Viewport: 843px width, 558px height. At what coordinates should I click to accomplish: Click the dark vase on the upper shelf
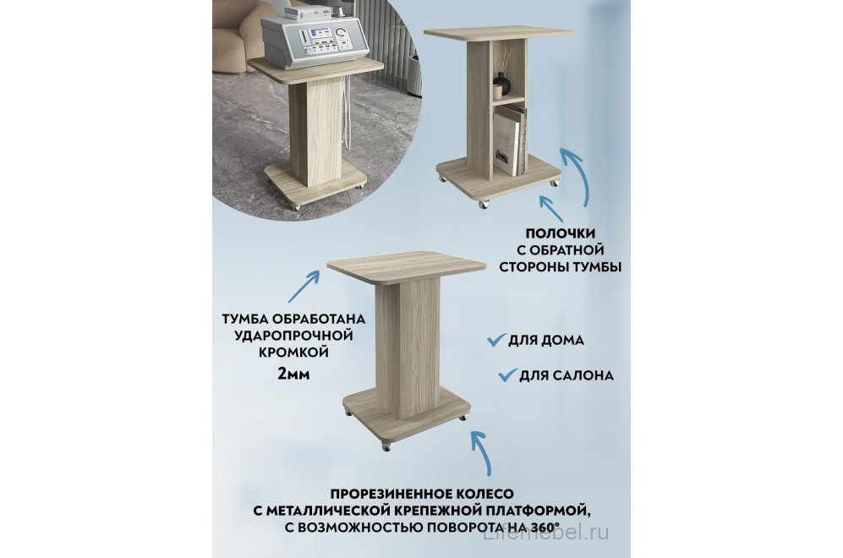pyautogui.click(x=501, y=84)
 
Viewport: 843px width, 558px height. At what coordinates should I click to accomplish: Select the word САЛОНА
pyautogui.click(x=583, y=375)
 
